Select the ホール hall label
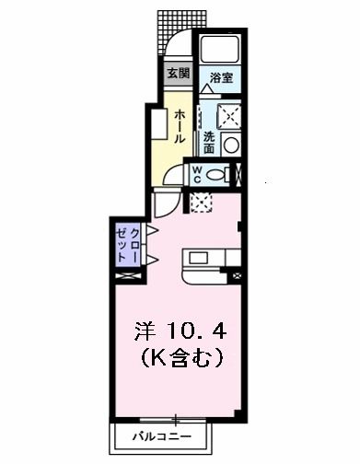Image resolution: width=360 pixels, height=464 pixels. point(180,124)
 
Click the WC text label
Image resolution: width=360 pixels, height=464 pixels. point(196,173)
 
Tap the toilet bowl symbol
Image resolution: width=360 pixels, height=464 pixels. point(218,173)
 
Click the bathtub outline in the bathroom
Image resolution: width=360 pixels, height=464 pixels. point(220,51)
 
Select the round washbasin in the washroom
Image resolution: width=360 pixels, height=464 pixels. point(229,144)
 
